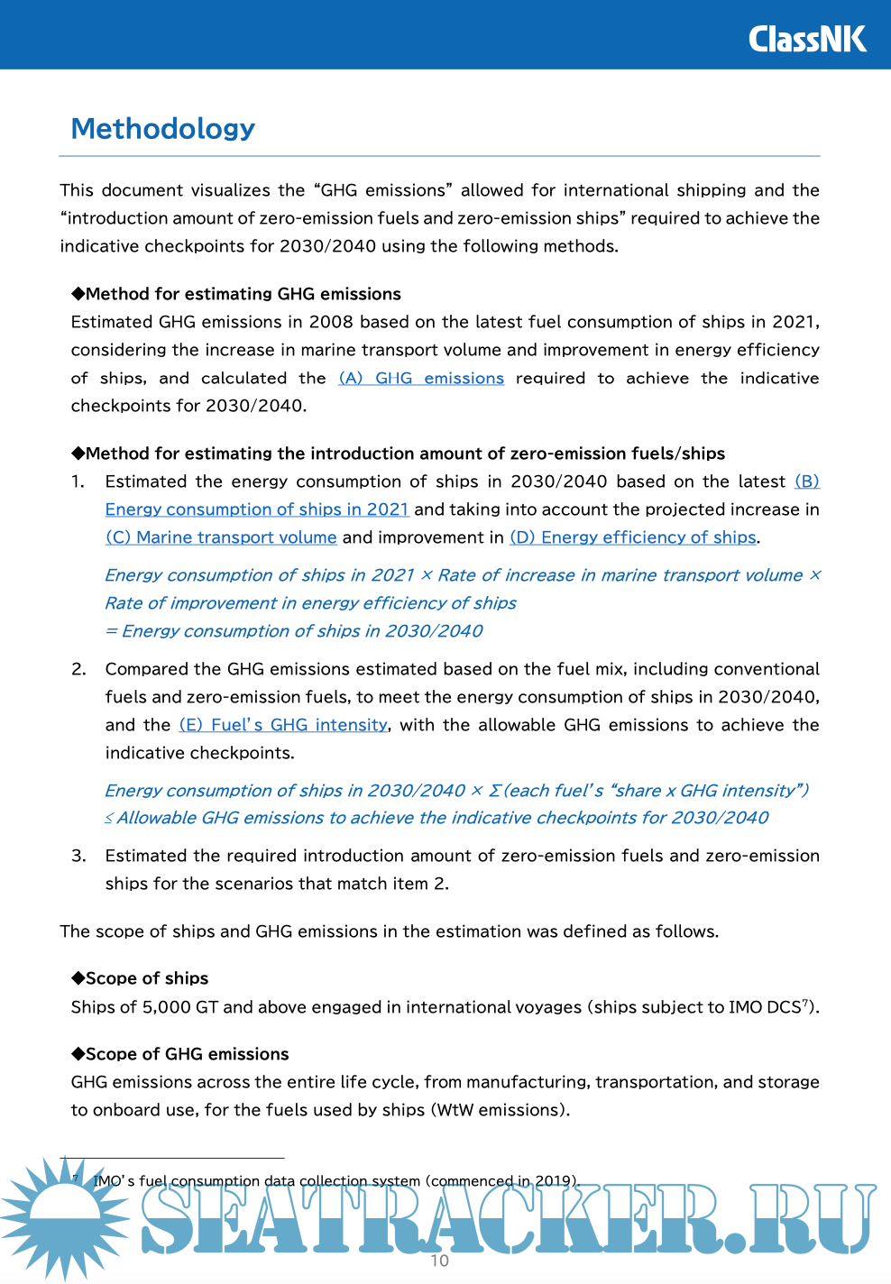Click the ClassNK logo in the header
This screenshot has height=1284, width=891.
click(x=807, y=39)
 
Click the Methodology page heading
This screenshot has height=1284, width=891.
click(x=163, y=129)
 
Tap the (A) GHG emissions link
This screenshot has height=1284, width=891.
click(x=421, y=379)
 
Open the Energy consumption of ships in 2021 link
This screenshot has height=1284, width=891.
click(x=257, y=509)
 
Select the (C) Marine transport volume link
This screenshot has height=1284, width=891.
click(x=221, y=537)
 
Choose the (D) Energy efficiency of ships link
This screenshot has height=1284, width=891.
click(x=633, y=537)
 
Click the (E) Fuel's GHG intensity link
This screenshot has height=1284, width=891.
click(x=283, y=725)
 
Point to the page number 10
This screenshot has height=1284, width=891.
click(x=440, y=1261)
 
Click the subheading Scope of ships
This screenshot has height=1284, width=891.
click(x=146, y=978)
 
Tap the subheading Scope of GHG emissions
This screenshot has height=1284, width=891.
click(x=187, y=1054)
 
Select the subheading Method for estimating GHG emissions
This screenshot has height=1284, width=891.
click(x=243, y=294)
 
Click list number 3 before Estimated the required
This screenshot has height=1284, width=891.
click(x=78, y=856)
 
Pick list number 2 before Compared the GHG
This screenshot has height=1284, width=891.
click(x=78, y=669)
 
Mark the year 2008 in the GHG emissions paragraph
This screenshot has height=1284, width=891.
click(x=331, y=322)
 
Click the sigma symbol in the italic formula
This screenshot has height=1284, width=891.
click(x=494, y=791)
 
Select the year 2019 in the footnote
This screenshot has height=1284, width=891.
click(x=553, y=1181)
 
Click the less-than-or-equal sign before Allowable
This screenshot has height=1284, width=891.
click(x=109, y=819)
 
